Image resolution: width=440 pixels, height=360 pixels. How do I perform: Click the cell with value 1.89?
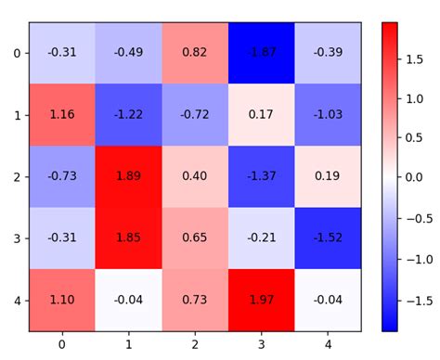coord(128,175)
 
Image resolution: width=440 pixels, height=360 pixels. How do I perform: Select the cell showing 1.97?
coord(260,300)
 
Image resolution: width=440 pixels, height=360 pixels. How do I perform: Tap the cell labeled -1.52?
coord(326,238)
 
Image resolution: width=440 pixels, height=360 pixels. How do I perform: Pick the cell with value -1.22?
coord(128,114)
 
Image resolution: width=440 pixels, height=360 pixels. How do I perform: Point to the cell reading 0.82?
coord(194,53)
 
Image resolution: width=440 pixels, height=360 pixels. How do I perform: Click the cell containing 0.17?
coord(260,114)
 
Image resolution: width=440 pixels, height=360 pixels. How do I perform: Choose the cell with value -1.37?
coord(260,175)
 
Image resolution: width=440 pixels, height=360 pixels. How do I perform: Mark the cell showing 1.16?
coord(62,114)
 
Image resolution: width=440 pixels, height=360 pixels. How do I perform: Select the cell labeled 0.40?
coord(194,175)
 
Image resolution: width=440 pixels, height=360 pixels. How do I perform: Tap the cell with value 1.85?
coord(128,238)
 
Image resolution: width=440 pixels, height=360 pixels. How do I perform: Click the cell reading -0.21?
coord(260,238)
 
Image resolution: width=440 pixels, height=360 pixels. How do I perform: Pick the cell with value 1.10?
coord(62,300)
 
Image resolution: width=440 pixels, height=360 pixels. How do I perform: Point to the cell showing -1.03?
coord(326,114)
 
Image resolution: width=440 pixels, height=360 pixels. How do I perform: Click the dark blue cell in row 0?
coord(260,53)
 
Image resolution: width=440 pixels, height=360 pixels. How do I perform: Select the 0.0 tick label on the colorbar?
coord(415,176)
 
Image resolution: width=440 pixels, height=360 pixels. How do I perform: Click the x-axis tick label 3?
coord(260,344)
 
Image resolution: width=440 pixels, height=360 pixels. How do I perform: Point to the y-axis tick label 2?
coord(17,176)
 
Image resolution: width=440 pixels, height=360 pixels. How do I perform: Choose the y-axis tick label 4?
coord(17,300)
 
